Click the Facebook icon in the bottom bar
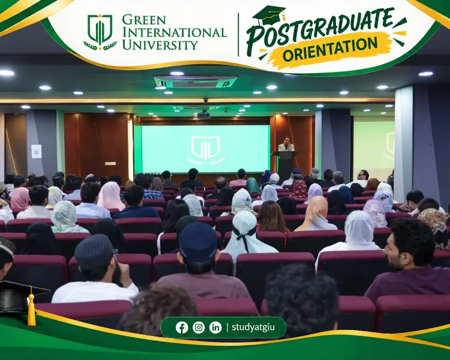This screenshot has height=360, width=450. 182,328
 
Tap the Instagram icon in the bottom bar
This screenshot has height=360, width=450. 199,328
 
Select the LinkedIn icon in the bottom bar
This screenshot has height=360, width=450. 215,328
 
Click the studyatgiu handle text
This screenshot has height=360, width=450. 253,327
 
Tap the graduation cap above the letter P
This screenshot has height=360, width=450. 269,15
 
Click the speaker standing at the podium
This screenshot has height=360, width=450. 286,144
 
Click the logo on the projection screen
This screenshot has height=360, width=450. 205,151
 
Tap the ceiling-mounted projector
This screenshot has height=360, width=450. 204,115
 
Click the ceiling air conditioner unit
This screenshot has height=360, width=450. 196,82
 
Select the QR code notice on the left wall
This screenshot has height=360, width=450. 37,152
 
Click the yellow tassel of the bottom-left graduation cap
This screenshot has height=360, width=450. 31,308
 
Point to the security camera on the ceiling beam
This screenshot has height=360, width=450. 205,100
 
